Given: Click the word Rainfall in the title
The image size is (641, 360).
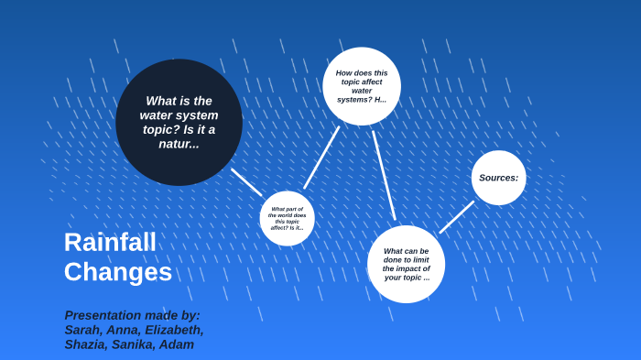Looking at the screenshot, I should tap(110, 242).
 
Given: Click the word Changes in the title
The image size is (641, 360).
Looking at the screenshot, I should tap(117, 272).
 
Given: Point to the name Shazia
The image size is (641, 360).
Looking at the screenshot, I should tap(85, 344).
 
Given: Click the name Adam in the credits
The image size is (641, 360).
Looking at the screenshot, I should tap(177, 344).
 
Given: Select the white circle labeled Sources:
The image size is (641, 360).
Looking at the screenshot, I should tap(498, 178).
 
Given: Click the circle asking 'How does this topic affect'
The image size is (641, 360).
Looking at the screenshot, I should tap(362, 86).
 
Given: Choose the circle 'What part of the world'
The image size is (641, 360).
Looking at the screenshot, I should tap(287, 218).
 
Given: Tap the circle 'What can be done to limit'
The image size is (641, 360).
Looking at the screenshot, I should tap(406, 264).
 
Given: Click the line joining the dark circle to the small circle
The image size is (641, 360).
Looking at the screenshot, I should tap(246, 181).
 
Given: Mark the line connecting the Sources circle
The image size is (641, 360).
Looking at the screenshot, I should tap(456, 217).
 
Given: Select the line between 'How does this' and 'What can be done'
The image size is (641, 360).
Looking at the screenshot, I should tap(384, 174).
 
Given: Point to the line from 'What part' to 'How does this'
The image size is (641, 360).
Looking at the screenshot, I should tap(321, 158).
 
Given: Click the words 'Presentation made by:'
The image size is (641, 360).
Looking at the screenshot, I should tap(132, 315).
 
